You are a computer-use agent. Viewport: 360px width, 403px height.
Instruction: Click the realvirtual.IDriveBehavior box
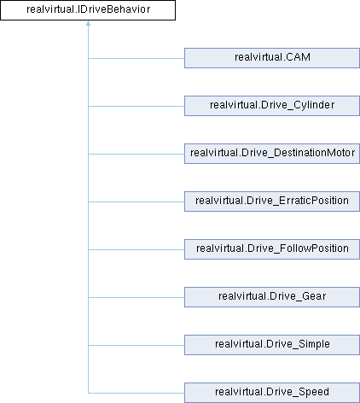[x=88, y=10]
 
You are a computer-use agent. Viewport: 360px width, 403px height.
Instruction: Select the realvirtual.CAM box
[x=272, y=58]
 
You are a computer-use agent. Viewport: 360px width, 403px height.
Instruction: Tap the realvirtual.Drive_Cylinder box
[x=272, y=106]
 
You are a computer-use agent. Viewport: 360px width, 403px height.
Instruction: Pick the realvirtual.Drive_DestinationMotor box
[x=272, y=154]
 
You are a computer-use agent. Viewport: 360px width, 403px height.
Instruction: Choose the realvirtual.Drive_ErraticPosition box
[x=272, y=201]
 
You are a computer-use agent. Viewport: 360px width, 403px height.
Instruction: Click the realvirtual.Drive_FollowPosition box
[x=272, y=249]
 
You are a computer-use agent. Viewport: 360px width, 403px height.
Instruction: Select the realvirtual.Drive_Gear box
[x=272, y=297]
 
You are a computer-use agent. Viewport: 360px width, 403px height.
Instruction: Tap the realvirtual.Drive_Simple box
[x=272, y=345]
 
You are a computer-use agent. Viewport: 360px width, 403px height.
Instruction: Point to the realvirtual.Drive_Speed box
[x=272, y=393]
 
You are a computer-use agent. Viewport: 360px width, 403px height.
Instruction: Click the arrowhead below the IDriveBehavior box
[x=88, y=23]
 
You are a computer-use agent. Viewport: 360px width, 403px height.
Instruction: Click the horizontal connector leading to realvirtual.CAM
[x=136, y=58]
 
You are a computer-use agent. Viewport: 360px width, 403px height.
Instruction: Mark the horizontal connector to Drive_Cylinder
[x=136, y=106]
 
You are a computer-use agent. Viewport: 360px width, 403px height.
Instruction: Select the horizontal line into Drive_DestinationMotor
[x=136, y=154]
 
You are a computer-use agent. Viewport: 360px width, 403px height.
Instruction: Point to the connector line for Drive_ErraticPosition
[x=136, y=201]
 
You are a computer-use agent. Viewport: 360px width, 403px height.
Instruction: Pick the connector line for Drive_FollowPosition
[x=136, y=249]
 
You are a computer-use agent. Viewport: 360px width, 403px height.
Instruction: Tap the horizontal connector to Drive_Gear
[x=136, y=297]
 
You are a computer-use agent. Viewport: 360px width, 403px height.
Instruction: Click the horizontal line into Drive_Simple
[x=136, y=345]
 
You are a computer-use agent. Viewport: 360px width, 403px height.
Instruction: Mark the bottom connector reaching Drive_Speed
[x=136, y=393]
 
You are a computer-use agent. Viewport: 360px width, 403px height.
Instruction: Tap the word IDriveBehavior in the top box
[x=113, y=9]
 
